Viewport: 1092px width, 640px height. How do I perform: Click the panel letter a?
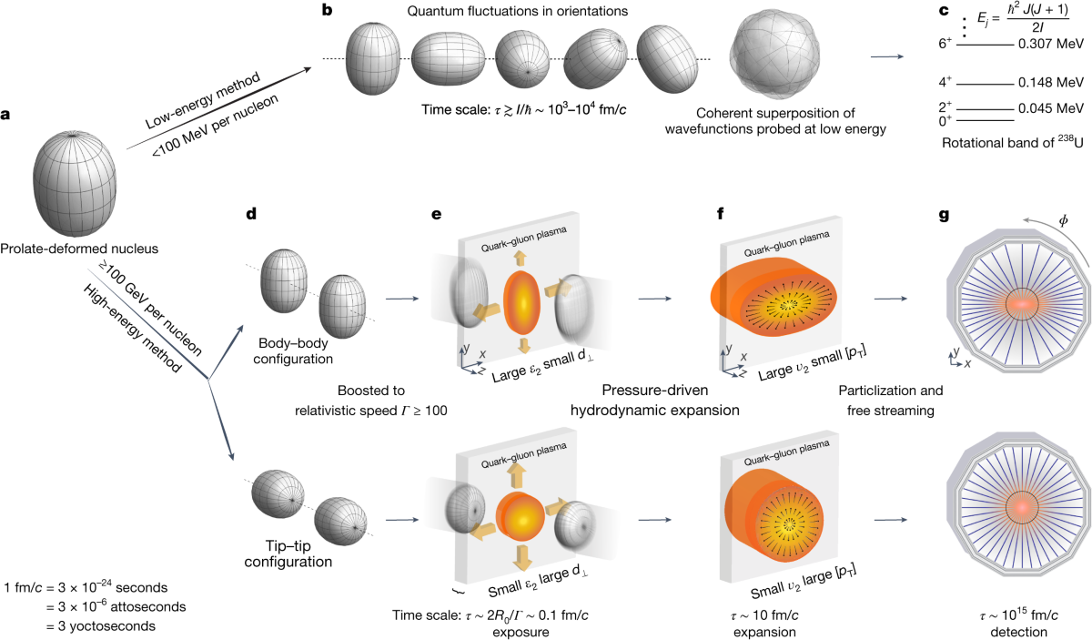pyautogui.click(x=8, y=117)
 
